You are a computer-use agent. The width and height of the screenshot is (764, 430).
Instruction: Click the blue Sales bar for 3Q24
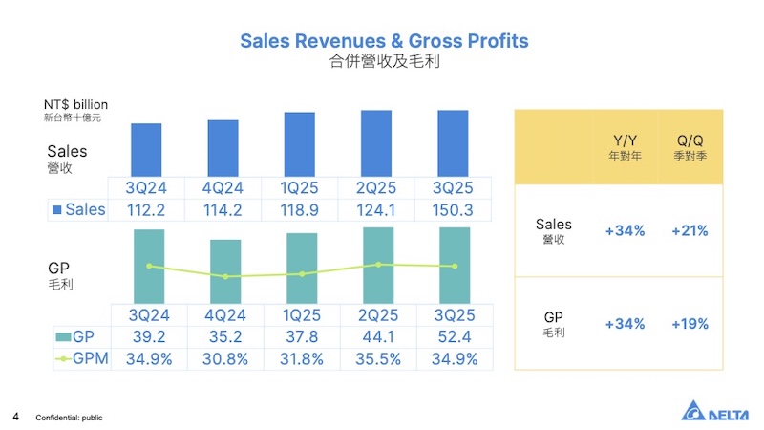tap(146, 150)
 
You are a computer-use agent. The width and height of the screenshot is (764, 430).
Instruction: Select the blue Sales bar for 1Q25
tap(299, 144)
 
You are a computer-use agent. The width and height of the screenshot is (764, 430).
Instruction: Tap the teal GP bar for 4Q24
tap(225, 271)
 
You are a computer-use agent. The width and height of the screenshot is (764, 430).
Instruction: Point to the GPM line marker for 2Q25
tap(378, 265)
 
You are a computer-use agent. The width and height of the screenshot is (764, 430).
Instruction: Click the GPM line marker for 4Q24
tap(225, 277)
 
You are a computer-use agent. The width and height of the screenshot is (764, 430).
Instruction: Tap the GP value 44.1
tap(377, 336)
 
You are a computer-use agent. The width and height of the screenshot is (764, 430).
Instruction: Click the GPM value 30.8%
tap(224, 359)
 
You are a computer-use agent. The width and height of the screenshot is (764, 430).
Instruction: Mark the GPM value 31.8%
tap(301, 359)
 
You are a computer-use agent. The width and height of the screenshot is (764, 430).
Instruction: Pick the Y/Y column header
tap(625, 147)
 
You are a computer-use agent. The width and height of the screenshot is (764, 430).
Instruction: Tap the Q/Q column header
tap(690, 147)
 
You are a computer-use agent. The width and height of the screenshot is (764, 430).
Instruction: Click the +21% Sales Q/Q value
tap(690, 230)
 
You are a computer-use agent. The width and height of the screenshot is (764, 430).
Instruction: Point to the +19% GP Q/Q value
tap(690, 324)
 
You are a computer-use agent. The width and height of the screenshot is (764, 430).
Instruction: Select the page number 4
tap(16, 417)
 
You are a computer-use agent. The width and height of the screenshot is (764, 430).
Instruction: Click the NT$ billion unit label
tap(75, 104)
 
